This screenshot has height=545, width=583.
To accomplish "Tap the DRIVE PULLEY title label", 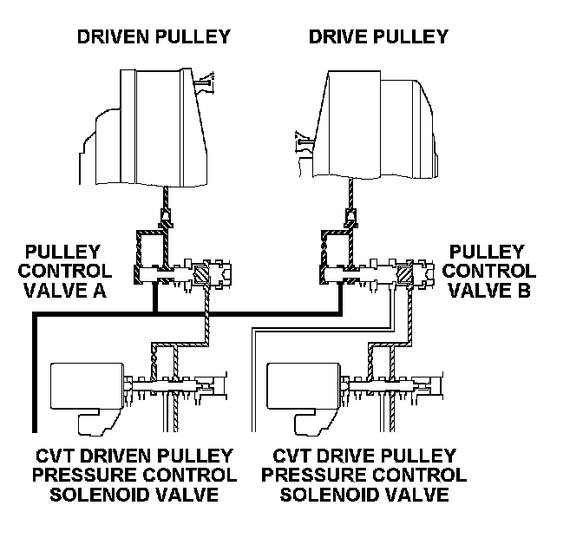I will [378, 36].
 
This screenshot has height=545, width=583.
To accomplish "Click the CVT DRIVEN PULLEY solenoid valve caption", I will [135, 475].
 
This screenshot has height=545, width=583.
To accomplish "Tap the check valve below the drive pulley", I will [350, 213].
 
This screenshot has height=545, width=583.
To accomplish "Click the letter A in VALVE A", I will [98, 291].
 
